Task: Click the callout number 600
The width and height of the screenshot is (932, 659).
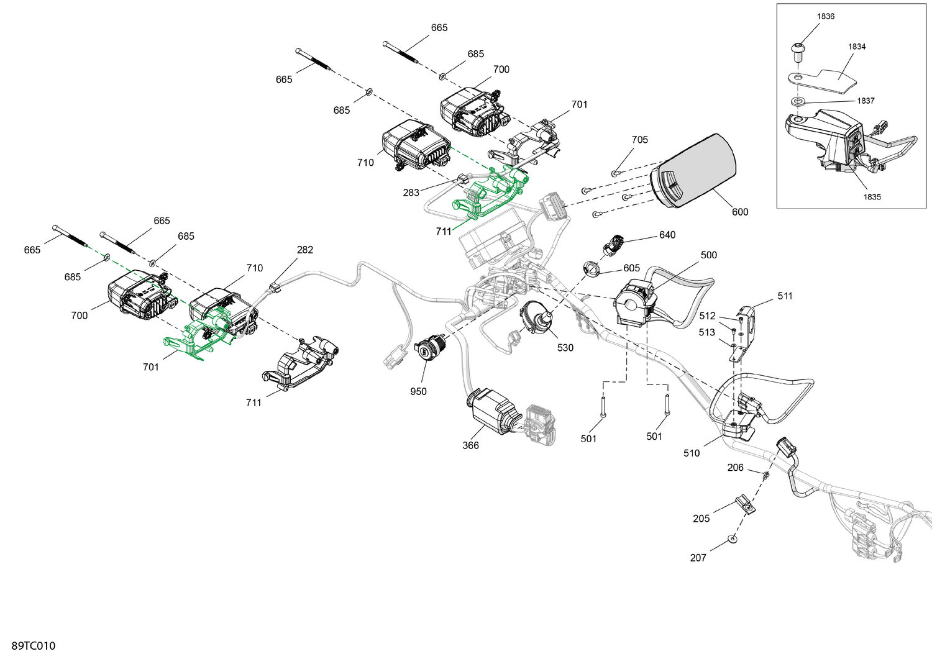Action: tap(739, 212)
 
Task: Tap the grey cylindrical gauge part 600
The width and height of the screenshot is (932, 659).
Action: tap(696, 171)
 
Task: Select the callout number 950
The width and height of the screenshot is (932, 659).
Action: tap(418, 391)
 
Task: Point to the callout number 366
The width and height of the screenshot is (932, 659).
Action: tap(470, 445)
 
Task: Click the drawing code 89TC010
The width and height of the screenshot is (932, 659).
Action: tap(33, 646)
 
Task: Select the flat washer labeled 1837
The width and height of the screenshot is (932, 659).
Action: tap(797, 101)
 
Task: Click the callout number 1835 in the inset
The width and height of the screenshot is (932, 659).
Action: tap(872, 197)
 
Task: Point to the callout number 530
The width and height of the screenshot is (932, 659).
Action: tap(565, 348)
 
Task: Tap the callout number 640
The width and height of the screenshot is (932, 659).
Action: tap(667, 235)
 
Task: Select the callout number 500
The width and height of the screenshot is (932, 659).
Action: tap(708, 255)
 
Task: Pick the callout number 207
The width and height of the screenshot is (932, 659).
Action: tap(698, 558)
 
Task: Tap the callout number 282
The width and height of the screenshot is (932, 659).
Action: tap(304, 250)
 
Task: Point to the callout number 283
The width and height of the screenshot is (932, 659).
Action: tap(411, 193)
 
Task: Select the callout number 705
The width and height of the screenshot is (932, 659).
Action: tap(639, 140)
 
